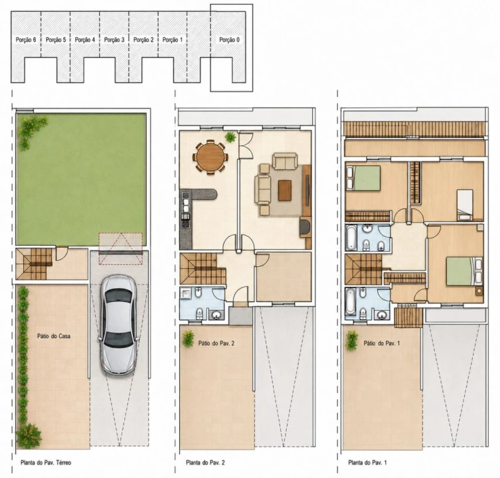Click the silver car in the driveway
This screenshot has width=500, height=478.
pyautogui.click(x=119, y=325)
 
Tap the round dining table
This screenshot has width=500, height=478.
pyautogui.click(x=210, y=157)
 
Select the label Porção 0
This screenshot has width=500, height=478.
pyautogui.click(x=229, y=40)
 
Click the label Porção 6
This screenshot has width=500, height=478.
pyautogui.click(x=26, y=40)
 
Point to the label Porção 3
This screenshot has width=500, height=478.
pyautogui.click(x=114, y=40)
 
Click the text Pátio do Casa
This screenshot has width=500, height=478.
pyautogui.click(x=54, y=336)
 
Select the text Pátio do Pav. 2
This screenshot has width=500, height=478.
pyautogui.click(x=216, y=343)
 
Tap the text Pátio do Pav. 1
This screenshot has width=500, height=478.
pyautogui.click(x=381, y=343)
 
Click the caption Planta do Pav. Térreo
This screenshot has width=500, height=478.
pyautogui.click(x=46, y=462)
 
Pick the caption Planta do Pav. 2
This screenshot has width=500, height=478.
pyautogui.click(x=205, y=462)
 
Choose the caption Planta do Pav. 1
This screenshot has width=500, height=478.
pyautogui.click(x=367, y=462)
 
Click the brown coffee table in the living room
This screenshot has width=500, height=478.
pyautogui.click(x=284, y=191)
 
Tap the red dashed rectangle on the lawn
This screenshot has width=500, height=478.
pyautogui.click(x=121, y=249)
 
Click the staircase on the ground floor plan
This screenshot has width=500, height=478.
pyautogui.click(x=34, y=264)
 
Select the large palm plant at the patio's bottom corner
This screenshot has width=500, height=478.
pyautogui.click(x=29, y=436)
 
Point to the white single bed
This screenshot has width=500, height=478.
pyautogui.click(x=465, y=204)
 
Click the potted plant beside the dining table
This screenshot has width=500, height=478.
pyautogui.click(x=230, y=137)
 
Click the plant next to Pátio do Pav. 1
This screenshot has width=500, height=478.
pyautogui.click(x=352, y=341)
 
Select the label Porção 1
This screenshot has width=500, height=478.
pyautogui.click(x=173, y=40)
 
